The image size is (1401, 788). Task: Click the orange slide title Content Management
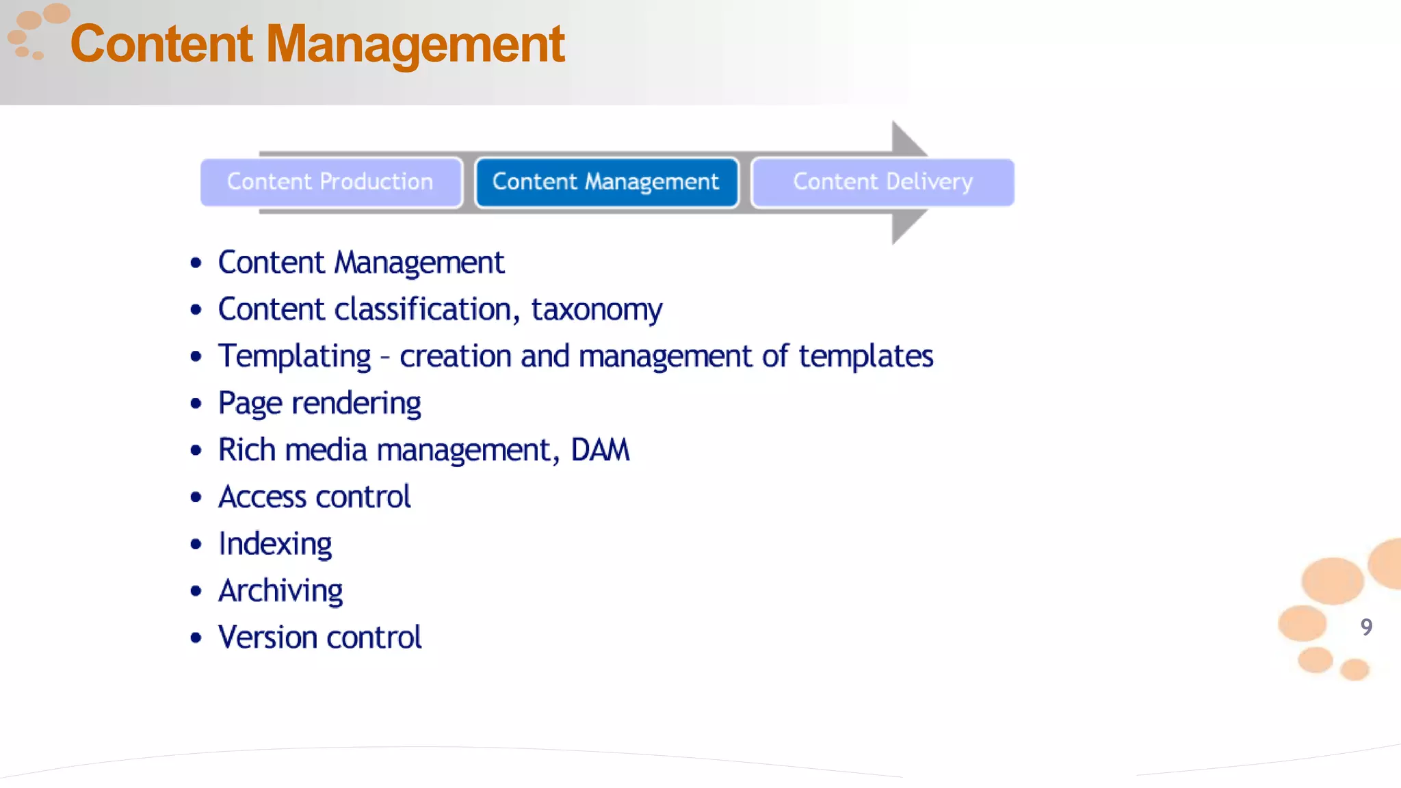point(317,44)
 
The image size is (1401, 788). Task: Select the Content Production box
point(330,182)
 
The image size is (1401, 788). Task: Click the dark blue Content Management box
point(606,182)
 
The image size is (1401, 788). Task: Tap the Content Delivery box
point(882,182)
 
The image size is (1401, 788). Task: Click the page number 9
point(1366,627)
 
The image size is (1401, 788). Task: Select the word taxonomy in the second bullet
point(597,310)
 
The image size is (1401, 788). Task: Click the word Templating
point(294,357)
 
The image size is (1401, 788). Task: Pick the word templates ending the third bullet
point(865,356)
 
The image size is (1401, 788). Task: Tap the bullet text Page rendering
point(319,404)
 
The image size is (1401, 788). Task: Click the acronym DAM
point(600,450)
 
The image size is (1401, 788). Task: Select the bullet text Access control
point(315,497)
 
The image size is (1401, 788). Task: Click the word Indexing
point(275,544)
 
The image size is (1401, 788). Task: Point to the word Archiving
point(280,591)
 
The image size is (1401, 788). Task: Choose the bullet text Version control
point(319,638)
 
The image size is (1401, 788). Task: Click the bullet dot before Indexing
point(196,544)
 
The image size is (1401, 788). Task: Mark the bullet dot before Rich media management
point(196,451)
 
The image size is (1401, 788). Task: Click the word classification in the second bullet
point(423,310)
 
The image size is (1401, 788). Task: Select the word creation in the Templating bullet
point(456,356)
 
